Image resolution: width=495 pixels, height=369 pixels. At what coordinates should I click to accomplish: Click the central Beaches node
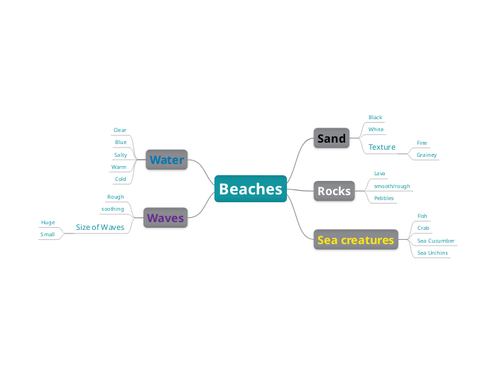[251, 189]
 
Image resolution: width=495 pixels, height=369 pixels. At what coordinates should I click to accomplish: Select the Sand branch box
[332, 138]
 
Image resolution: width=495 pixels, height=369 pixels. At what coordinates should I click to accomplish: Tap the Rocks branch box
[334, 191]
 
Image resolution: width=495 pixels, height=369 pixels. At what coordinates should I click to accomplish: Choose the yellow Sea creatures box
[355, 240]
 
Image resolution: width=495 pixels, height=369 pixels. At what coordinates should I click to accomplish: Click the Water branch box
[166, 160]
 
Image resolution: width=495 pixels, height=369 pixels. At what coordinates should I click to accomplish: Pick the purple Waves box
[165, 218]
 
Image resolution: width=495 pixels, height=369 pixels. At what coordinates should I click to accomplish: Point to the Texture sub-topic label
[382, 147]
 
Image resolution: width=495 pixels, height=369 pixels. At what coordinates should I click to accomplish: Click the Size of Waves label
[100, 227]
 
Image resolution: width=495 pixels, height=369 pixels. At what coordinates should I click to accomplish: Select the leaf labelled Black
[375, 117]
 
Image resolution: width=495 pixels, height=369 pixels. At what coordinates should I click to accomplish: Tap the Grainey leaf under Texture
[427, 155]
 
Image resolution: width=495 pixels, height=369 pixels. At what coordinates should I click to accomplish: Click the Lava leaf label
[379, 173]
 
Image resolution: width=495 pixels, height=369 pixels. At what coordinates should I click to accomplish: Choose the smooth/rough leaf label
[392, 186]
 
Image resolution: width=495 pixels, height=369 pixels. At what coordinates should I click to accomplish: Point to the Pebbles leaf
[384, 198]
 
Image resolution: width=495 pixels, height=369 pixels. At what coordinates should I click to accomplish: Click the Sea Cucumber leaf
[436, 241]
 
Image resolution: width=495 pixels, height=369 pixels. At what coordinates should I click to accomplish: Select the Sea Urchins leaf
[433, 253]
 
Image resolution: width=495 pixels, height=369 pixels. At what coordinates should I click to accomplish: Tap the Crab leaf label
[423, 228]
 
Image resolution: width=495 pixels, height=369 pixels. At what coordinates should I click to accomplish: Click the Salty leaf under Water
[121, 155]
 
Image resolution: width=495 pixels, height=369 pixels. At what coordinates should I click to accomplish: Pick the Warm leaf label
[119, 167]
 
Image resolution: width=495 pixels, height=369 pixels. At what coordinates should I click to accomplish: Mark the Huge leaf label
[48, 222]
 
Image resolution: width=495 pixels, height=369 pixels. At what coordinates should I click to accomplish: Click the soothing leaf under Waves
[113, 209]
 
